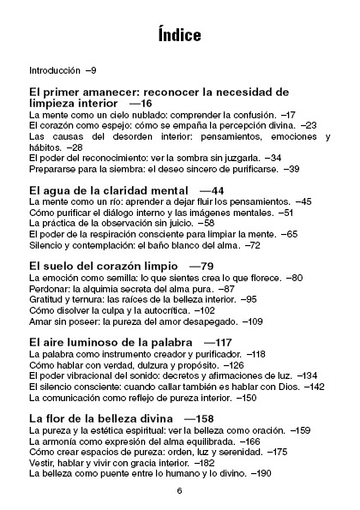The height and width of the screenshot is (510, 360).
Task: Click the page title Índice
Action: click(179, 35)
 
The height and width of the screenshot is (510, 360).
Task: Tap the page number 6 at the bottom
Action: click(180, 491)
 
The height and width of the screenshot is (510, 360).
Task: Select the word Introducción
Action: click(54, 69)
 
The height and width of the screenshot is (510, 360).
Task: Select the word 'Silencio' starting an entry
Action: click(45, 245)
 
